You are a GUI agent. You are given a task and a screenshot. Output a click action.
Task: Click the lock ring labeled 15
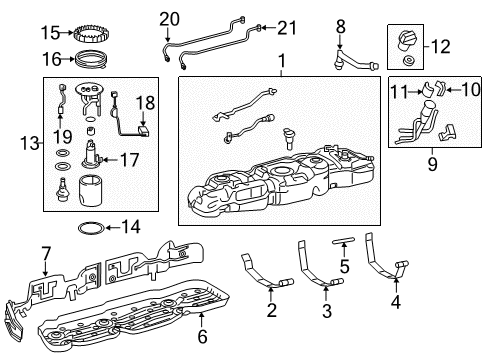[x=98, y=33]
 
